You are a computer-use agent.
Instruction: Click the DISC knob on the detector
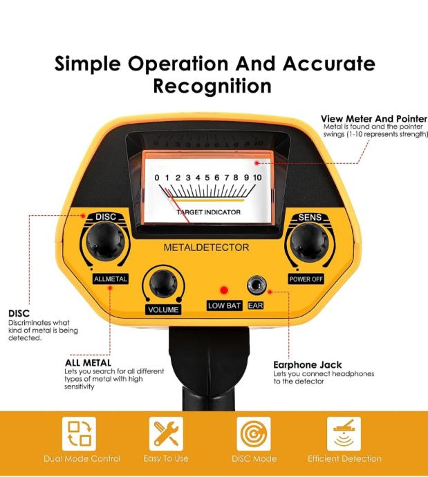click(105, 241)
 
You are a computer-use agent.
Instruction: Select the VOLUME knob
click(163, 283)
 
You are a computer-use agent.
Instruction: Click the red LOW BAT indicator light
click(224, 290)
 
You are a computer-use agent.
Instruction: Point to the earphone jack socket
click(256, 285)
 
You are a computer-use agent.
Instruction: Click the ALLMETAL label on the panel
click(111, 279)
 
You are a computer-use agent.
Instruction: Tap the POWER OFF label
click(306, 279)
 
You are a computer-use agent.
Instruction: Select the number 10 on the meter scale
click(257, 178)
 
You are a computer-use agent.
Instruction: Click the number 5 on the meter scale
click(207, 178)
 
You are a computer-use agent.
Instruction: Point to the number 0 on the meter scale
click(157, 178)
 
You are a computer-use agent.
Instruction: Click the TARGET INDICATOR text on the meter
click(209, 212)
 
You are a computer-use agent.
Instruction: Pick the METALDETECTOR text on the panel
click(206, 247)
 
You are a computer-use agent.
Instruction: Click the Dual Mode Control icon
click(79, 433)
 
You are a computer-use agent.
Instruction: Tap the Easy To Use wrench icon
click(166, 433)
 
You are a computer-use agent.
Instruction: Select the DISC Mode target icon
click(254, 433)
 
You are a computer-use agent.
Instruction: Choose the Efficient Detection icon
click(344, 433)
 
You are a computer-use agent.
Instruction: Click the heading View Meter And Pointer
click(374, 119)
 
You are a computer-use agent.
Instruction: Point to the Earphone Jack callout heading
click(307, 365)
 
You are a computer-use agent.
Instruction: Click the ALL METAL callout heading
click(88, 363)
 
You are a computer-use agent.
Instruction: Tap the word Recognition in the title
click(212, 86)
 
